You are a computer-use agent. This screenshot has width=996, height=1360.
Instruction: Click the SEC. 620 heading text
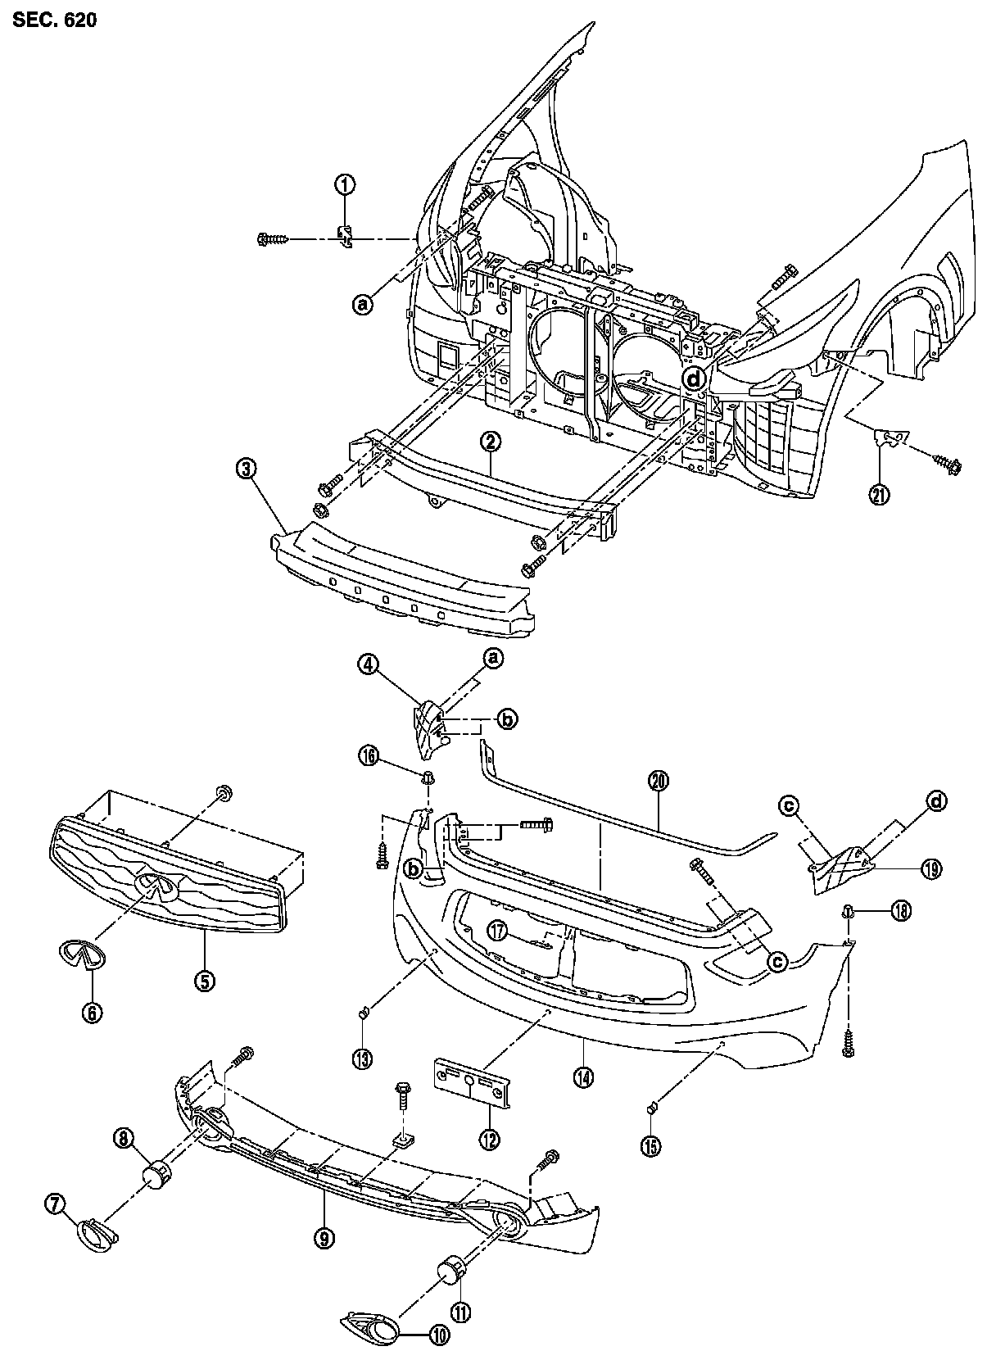pyautogui.click(x=54, y=20)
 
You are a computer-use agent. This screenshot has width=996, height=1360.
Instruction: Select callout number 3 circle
pyautogui.click(x=247, y=469)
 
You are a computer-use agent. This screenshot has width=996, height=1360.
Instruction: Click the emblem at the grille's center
pyautogui.click(x=158, y=886)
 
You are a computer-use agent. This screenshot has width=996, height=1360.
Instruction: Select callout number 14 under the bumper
pyautogui.click(x=584, y=1077)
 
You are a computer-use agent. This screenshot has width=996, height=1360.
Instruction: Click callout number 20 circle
pyautogui.click(x=659, y=782)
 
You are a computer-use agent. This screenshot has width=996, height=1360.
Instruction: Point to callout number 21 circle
pyautogui.click(x=880, y=494)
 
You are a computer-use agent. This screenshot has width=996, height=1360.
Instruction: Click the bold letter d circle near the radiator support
pyautogui.click(x=695, y=378)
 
